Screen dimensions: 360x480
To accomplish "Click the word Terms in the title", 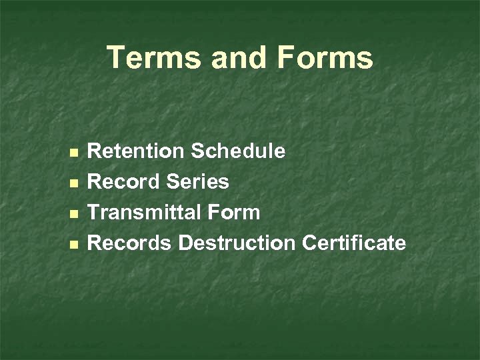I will click(x=153, y=58).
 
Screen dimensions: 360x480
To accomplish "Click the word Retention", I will click(x=137, y=151).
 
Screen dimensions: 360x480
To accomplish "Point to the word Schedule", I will click(x=239, y=151).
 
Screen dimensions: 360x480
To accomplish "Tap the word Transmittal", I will click(x=146, y=213).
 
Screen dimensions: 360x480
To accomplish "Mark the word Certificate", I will click(x=354, y=243).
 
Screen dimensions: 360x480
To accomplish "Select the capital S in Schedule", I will click(x=198, y=151).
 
